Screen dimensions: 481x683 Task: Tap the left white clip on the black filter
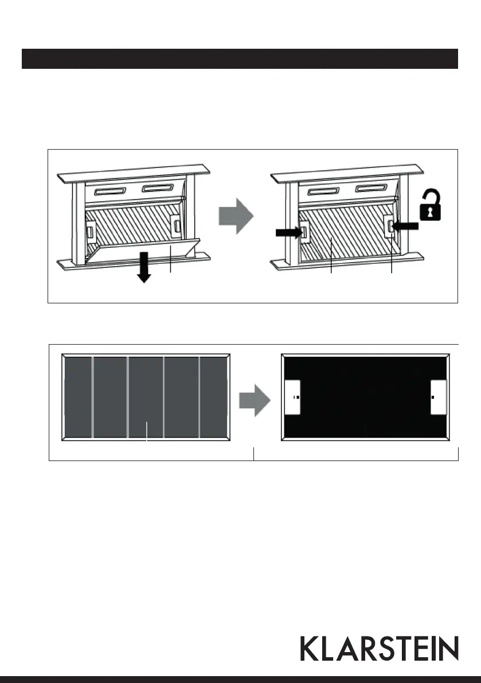[x=292, y=397]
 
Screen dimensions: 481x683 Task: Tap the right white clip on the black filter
[x=439, y=397]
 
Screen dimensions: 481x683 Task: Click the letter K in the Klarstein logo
[x=310, y=649]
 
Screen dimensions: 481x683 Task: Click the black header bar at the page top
[x=240, y=58]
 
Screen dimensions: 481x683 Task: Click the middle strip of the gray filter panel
[x=146, y=397]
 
